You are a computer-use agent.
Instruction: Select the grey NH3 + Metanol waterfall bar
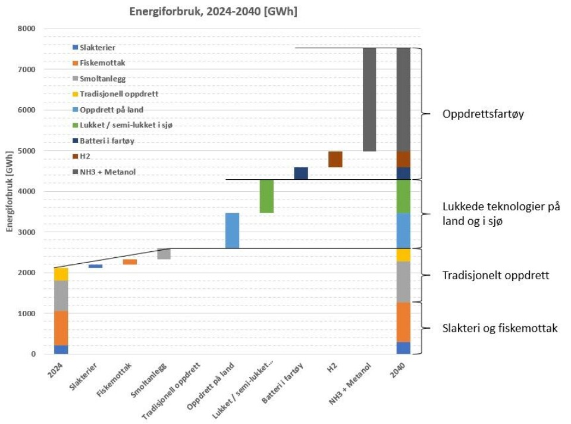click(x=369, y=99)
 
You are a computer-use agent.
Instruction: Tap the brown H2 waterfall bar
click(x=335, y=159)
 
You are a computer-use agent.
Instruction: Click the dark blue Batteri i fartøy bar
click(x=301, y=173)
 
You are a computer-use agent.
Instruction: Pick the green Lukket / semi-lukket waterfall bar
click(x=266, y=196)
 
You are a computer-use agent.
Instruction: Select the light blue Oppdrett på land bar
click(x=232, y=230)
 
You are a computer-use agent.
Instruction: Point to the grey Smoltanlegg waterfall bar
click(x=164, y=254)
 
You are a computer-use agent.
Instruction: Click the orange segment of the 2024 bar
click(x=61, y=328)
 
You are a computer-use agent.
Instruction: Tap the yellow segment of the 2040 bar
click(x=403, y=255)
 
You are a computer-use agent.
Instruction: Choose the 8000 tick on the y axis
click(x=26, y=29)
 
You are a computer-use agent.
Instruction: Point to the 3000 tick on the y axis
click(x=26, y=232)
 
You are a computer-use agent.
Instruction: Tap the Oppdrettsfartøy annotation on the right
click(x=482, y=114)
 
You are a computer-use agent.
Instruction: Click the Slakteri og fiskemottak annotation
click(x=500, y=328)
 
